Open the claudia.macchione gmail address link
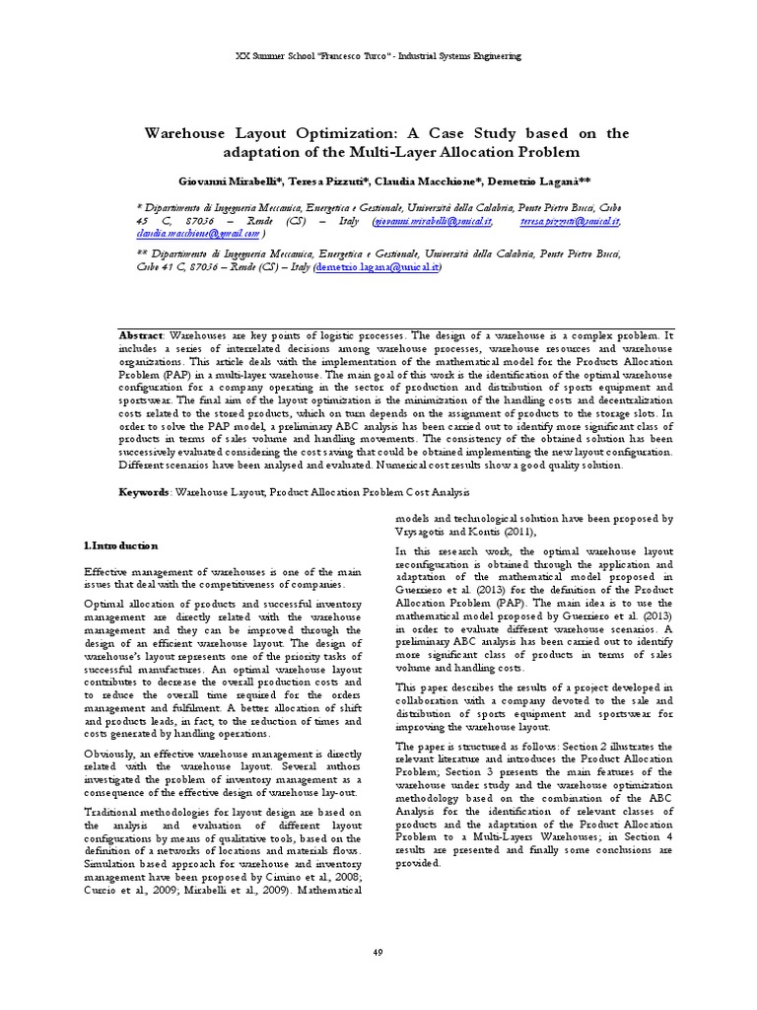tap(197, 235)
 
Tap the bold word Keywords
tap(145, 490)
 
